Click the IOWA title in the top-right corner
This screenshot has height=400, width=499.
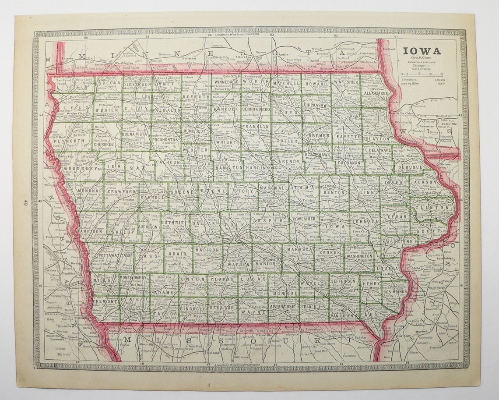pyautogui.click(x=422, y=51)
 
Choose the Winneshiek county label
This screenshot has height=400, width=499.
pyautogui.click(x=346, y=82)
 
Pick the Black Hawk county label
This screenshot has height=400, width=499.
pyautogui.click(x=317, y=155)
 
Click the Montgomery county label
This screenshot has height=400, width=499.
pyautogui.click(x=133, y=278)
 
